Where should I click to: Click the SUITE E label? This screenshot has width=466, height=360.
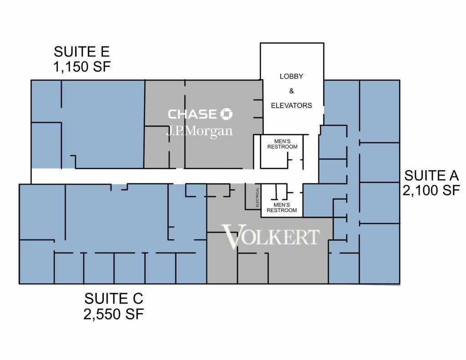(x=82, y=52)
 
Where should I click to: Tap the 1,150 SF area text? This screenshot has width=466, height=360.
(x=82, y=66)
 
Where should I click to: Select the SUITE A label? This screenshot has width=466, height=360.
(x=431, y=175)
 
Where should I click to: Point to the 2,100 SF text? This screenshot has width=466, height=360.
(x=431, y=190)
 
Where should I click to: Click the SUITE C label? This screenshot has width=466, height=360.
(x=113, y=299)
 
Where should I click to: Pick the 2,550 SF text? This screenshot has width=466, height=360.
(x=113, y=314)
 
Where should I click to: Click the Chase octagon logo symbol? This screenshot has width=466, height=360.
(x=226, y=114)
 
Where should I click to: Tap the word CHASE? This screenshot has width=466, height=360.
(x=192, y=114)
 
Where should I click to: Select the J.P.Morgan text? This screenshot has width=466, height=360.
(x=199, y=131)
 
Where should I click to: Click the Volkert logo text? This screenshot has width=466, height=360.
(x=270, y=237)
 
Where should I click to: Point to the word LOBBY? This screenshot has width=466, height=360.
(x=291, y=76)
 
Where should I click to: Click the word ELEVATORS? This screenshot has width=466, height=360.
(x=291, y=106)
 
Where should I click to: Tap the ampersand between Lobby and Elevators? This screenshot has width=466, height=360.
(x=291, y=91)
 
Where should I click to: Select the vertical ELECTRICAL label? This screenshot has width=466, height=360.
(x=258, y=198)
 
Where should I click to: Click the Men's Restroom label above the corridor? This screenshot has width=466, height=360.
(x=282, y=144)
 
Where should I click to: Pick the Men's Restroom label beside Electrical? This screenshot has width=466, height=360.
(x=281, y=208)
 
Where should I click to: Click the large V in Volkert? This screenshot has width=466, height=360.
(x=231, y=237)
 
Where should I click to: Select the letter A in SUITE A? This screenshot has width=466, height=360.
(x=454, y=175)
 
